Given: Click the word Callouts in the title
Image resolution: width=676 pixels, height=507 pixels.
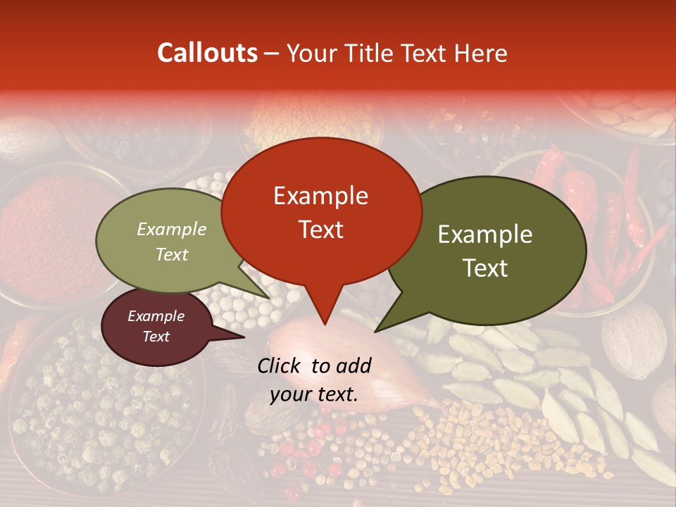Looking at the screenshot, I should pos(207,53).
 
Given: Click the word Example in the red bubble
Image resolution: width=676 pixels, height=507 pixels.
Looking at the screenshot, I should pos(320,196).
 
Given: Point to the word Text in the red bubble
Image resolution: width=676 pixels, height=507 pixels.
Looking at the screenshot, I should pos(320,230).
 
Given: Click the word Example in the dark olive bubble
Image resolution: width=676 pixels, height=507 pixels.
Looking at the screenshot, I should pos(485,234).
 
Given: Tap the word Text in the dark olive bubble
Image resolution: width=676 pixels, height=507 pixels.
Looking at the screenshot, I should pos(485,268).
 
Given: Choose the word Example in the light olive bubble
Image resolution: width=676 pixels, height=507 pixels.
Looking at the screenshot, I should pos(172,229).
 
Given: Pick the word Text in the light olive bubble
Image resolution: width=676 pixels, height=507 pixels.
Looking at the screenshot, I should pos(172,254).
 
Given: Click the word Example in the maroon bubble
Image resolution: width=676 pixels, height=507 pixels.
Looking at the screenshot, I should pos(156,316).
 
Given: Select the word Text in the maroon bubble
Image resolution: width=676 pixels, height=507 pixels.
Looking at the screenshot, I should pos(156,337).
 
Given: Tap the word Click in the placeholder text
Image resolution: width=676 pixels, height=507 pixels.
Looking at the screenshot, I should pos(280,365).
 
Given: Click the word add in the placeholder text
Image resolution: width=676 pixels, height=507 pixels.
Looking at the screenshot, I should pos(352,365).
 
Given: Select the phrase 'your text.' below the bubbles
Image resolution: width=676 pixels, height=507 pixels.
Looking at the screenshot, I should pos(314,395).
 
